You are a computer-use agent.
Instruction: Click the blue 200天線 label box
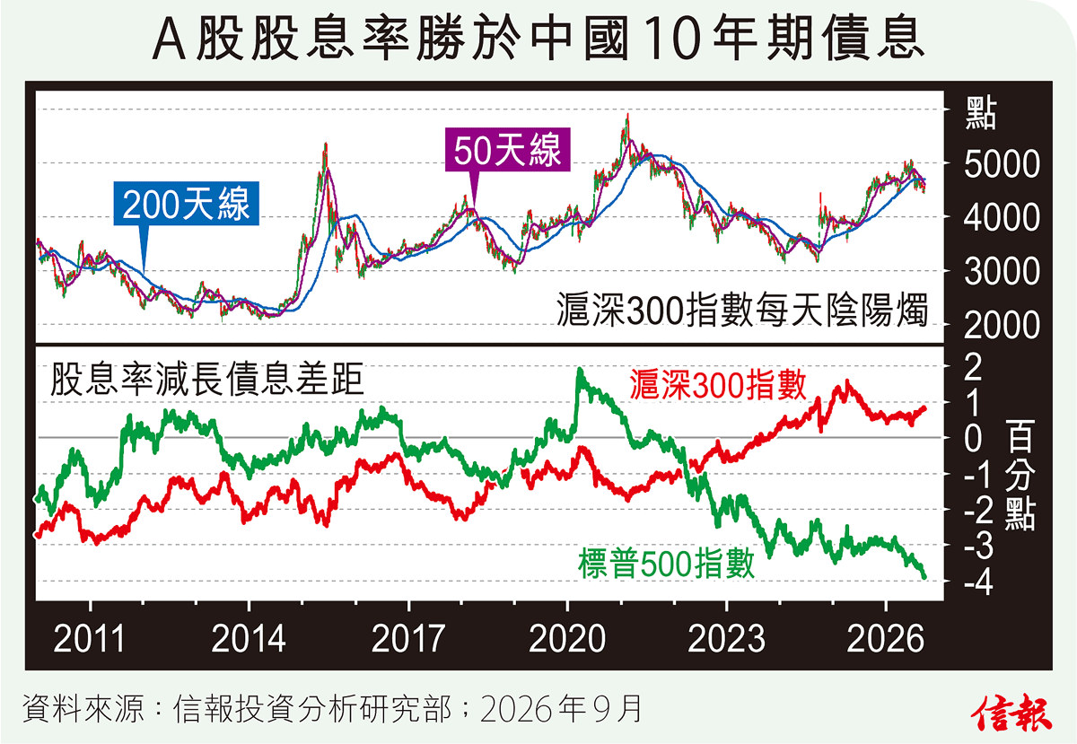(186, 204)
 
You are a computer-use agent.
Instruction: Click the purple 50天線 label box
(507, 150)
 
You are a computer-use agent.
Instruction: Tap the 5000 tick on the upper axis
(1002, 164)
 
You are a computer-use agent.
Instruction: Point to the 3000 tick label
(1002, 272)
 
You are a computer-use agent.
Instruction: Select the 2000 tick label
(1002, 326)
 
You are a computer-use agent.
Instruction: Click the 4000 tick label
(1002, 218)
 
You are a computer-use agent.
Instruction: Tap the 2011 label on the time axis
(90, 639)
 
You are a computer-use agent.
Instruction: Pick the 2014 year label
(249, 639)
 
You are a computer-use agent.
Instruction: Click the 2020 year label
(567, 639)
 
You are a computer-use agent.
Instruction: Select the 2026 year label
(885, 639)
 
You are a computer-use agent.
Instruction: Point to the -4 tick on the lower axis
(978, 582)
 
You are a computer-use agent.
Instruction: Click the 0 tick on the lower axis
(973, 439)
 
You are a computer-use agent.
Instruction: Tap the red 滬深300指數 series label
(717, 385)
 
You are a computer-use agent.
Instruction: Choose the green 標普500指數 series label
(666, 564)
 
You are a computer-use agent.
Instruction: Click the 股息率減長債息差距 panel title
(206, 380)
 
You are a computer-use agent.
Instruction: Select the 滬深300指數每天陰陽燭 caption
(742, 310)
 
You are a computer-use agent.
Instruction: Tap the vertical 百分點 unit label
(1020, 475)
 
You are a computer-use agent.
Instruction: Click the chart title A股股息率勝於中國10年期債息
(538, 39)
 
